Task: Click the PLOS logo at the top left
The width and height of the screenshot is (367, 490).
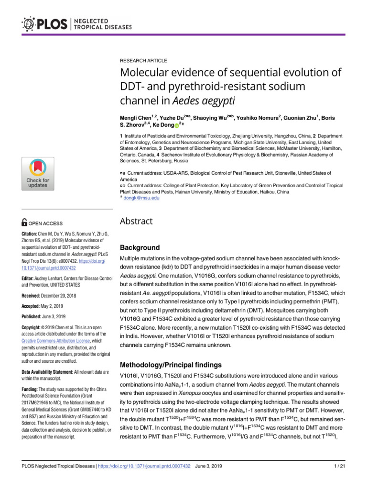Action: tap(47, 23)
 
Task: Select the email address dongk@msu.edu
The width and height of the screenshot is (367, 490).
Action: tap(142, 197)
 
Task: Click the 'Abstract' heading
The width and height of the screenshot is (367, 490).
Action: tap(136, 221)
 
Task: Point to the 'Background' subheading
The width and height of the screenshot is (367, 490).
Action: tap(140, 248)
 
